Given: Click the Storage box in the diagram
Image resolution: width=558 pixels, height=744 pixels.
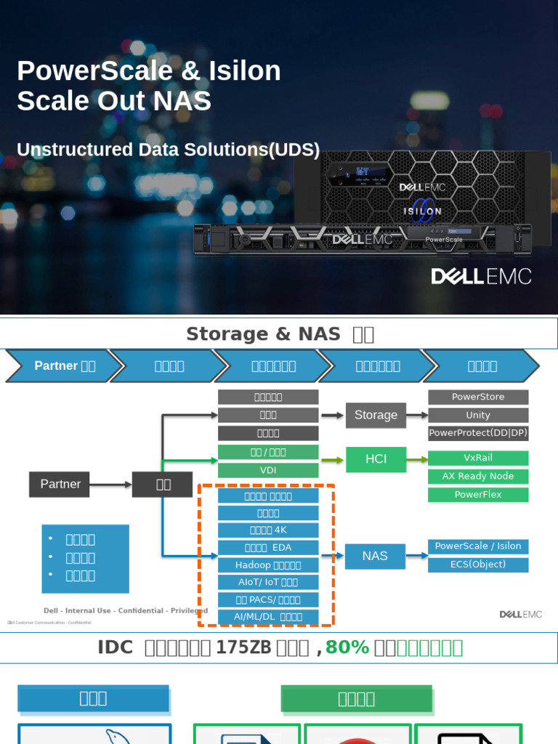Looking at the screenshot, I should [376, 415].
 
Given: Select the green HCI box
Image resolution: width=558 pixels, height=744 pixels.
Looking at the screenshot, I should [376, 459].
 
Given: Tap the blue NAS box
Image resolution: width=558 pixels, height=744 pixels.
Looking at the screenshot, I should [375, 556].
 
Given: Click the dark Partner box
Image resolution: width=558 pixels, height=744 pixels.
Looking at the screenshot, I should [60, 484].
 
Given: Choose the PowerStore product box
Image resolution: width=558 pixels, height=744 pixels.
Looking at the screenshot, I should [478, 397].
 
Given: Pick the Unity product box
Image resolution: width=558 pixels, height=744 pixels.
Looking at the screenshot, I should [478, 415].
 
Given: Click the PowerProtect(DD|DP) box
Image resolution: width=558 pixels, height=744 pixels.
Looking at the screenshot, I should [478, 433].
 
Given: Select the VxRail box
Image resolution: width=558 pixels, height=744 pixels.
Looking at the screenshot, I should [478, 458].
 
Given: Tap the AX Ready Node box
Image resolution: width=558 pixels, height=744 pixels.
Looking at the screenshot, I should [478, 476].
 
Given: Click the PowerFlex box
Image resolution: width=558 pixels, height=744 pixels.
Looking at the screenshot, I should [478, 494].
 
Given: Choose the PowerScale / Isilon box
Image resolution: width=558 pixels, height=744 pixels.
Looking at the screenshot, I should [478, 546].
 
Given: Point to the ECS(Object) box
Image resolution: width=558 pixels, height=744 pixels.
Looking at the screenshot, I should [478, 564].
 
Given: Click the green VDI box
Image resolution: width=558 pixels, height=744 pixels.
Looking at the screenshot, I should [268, 470].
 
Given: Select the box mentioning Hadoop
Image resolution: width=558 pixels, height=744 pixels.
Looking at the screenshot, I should [268, 565].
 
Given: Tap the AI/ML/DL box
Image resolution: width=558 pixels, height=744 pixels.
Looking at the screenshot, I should [268, 617].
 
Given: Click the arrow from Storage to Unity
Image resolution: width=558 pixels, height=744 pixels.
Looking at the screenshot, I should [417, 415].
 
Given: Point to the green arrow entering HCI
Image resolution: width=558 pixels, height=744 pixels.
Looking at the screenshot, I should [333, 459].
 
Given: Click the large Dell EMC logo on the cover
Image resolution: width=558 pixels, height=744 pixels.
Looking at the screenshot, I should [481, 277].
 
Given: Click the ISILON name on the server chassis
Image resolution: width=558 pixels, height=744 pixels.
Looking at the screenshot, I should [422, 211].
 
